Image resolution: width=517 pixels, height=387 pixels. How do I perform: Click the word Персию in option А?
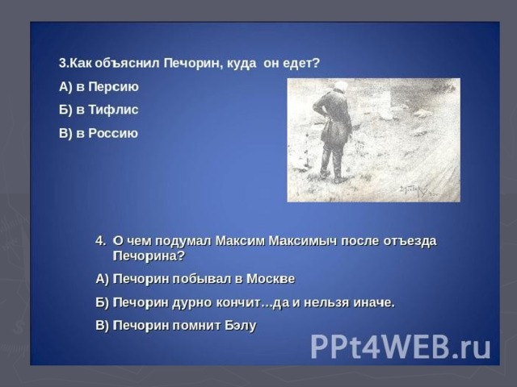pos(113,87)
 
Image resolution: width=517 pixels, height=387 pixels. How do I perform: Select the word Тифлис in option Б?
pos(113,110)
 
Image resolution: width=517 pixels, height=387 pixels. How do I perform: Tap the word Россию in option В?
pos(113,133)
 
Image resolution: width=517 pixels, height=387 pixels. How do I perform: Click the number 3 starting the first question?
pos(62,63)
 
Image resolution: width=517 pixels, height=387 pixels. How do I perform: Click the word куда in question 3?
pos(242,64)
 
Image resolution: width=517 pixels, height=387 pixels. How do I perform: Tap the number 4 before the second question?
pos(99,241)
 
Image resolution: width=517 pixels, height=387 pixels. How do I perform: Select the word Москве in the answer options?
pos(271,279)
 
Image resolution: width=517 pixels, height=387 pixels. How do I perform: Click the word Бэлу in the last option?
pos(241,326)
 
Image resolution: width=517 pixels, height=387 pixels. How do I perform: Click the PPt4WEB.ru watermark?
pos(401,347)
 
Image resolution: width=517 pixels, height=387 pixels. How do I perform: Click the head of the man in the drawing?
pos(339,86)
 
